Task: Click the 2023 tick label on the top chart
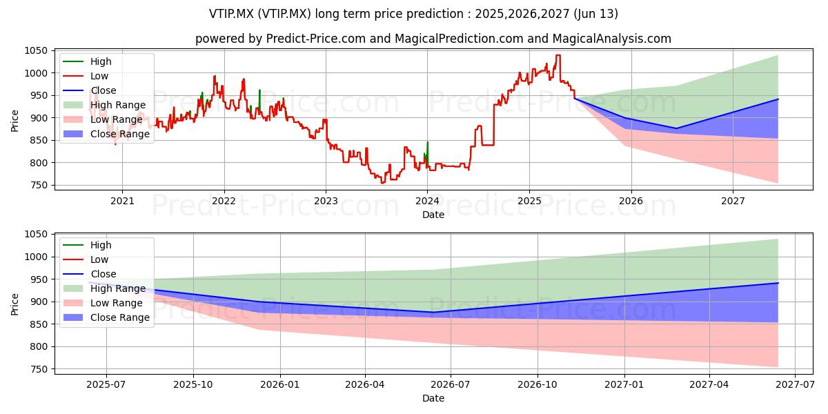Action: (x=326, y=201)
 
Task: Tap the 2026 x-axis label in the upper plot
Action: (x=631, y=201)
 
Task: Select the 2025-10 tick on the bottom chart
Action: (x=193, y=385)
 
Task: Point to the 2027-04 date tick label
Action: (x=709, y=385)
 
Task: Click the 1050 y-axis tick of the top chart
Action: (x=36, y=50)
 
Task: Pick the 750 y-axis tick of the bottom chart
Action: (x=39, y=369)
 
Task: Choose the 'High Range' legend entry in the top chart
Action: (x=105, y=105)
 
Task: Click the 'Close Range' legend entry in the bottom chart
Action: (x=106, y=317)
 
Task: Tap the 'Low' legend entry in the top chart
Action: (x=86, y=76)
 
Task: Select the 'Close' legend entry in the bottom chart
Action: (x=90, y=274)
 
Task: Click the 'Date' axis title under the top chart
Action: (x=433, y=215)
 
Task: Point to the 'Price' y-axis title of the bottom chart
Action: (x=14, y=304)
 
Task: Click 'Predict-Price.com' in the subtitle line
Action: (x=316, y=39)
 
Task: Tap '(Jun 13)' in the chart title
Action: (x=596, y=14)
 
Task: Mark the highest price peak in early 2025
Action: (x=558, y=55)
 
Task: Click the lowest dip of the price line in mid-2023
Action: (x=382, y=183)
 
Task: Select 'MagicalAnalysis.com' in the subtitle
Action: (x=612, y=39)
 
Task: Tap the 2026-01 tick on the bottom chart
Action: (x=280, y=385)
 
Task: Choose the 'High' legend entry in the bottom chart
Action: (x=87, y=245)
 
